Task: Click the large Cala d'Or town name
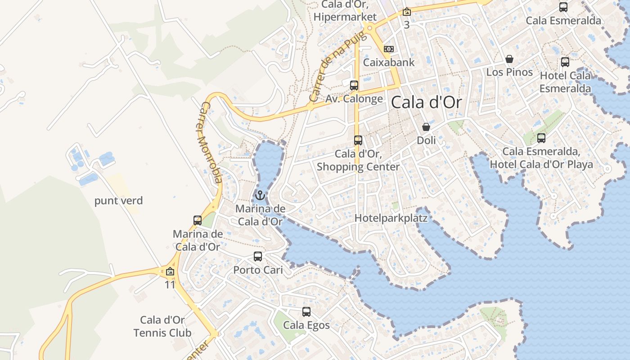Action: pos(426,103)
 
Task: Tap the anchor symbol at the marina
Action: pos(260,195)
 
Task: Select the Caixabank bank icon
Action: pos(389,49)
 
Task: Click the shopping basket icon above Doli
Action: pos(426,127)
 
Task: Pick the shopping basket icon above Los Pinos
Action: pos(509,59)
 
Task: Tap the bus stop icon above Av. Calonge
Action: pos(354,85)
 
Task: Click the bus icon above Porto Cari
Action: pos(258,256)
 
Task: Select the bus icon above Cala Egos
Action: pos(306,311)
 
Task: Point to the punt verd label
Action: pos(118,201)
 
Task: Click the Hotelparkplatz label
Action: pos(391,218)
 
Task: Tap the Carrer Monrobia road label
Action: pos(210,143)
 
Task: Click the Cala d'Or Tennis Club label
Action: pos(162,326)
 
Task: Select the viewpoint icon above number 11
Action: pos(170,271)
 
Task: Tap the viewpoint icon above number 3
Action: pos(407,12)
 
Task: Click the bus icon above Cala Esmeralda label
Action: pos(563,7)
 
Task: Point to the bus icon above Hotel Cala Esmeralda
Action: pos(565,62)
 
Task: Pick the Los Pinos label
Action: pos(509,72)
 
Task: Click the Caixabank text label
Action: pos(389,63)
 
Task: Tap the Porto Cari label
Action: pos(258,270)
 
